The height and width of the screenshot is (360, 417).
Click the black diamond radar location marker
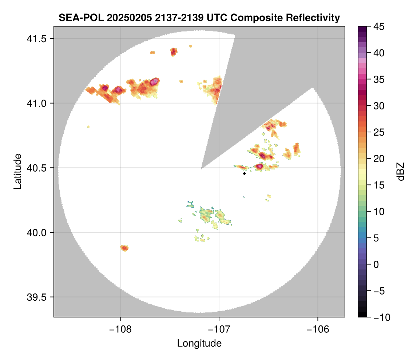pyautogui.click(x=244, y=173)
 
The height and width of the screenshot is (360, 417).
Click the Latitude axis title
pyautogui.click(x=17, y=171)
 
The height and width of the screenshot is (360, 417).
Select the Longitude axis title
pyautogui.click(x=199, y=343)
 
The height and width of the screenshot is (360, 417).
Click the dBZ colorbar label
pyautogui.click(x=401, y=171)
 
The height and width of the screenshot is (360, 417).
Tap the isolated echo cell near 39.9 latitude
pyautogui.click(x=124, y=248)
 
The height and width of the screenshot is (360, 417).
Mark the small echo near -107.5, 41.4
pyautogui.click(x=174, y=51)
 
